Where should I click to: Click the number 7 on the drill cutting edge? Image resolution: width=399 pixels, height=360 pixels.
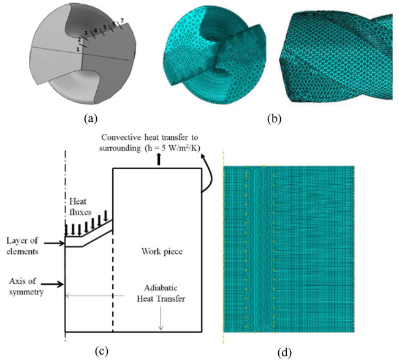tap(122, 22)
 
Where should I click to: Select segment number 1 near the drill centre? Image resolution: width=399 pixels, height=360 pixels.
tap(78, 49)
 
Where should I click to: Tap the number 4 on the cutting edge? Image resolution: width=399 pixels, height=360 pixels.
tap(95, 30)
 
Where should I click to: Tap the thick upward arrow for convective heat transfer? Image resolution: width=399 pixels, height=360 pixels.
tap(160, 160)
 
